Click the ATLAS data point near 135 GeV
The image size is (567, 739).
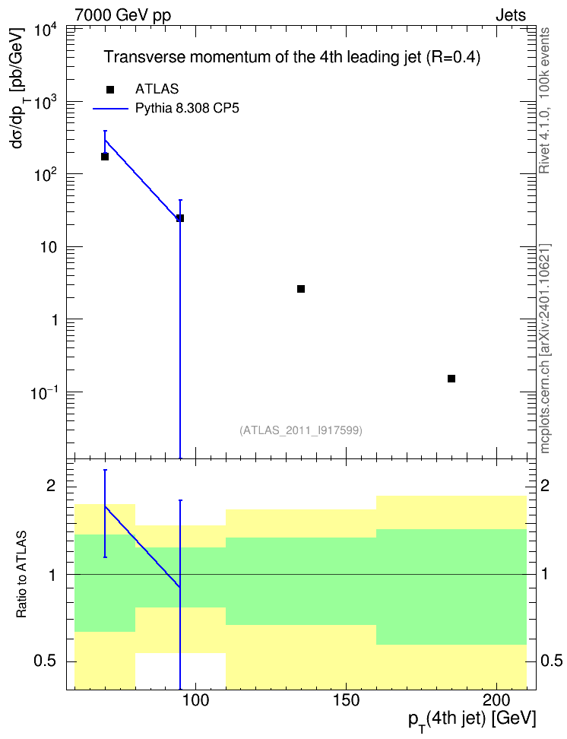(x=301, y=289)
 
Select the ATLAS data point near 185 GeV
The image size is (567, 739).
(x=451, y=379)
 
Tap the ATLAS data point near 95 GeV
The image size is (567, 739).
(x=180, y=218)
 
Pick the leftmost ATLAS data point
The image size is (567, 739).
(x=105, y=157)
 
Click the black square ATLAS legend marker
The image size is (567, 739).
(x=110, y=90)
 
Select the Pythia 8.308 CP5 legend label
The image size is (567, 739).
(x=187, y=109)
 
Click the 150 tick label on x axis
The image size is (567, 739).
(x=346, y=700)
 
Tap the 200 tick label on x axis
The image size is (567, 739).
(x=497, y=700)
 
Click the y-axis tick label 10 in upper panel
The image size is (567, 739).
(x=48, y=247)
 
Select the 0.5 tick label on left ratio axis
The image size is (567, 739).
(x=46, y=661)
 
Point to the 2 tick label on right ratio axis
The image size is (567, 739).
(x=545, y=486)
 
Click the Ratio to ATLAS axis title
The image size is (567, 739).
(x=21, y=574)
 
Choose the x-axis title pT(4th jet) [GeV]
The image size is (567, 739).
(x=472, y=720)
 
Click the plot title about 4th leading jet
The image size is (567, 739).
(x=292, y=57)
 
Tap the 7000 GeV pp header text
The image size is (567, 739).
(x=123, y=15)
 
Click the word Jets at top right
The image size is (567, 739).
(x=511, y=15)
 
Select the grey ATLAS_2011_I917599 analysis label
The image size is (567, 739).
(x=301, y=430)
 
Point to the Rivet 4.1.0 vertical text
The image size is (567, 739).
(x=544, y=100)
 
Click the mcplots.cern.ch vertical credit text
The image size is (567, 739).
(x=545, y=348)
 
